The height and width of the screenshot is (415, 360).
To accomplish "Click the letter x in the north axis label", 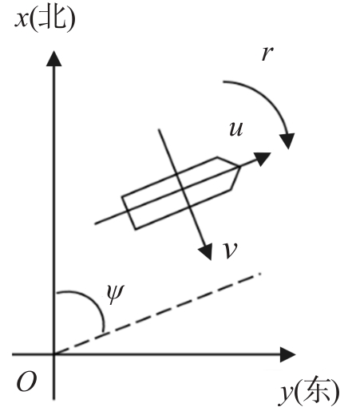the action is (22, 19).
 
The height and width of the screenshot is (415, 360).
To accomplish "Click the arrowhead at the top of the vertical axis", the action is (54, 58).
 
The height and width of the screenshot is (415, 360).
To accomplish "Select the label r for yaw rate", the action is (267, 53).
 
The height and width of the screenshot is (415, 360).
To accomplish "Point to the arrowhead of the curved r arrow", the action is (287, 140).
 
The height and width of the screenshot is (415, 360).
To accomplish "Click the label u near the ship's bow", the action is (236, 129).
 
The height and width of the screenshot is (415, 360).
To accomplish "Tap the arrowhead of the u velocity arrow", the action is (262, 158).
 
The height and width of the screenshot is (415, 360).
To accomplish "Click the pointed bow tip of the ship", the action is (240, 167).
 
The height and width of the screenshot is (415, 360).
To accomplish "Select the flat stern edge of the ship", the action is (129, 212).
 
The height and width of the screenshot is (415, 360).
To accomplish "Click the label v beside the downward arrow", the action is (230, 251).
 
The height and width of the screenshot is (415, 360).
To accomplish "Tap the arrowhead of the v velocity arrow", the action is (205, 251).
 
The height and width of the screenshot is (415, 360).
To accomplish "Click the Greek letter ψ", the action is (115, 294).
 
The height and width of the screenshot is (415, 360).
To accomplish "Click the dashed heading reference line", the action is (157, 314).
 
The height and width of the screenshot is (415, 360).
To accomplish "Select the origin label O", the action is (26, 381).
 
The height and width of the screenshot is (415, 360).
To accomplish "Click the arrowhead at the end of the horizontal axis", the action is (288, 354).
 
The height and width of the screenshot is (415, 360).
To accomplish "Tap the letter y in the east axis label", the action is (286, 394).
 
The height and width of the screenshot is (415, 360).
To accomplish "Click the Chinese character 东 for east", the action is (316, 390).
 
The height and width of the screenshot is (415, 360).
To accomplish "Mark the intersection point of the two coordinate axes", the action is (54, 354).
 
